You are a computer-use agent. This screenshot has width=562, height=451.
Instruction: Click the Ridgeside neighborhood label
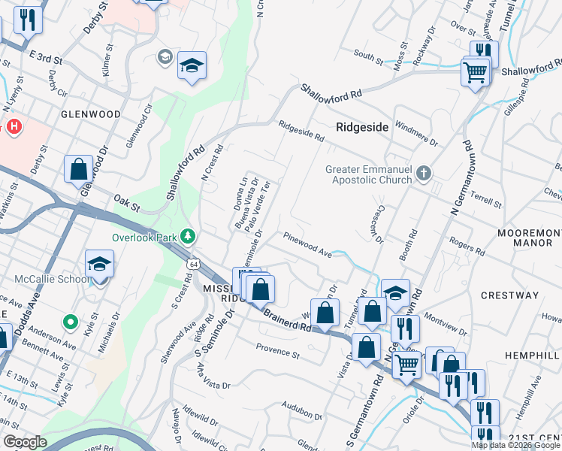click(362, 127)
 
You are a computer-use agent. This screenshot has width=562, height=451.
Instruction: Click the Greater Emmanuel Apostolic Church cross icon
click(424, 174)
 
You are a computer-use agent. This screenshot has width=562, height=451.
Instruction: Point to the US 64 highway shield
click(193, 264)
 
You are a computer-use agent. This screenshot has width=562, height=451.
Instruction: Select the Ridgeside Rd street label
click(301, 132)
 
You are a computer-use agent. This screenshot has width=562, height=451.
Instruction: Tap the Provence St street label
click(278, 350)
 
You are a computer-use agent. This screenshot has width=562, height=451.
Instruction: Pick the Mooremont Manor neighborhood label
click(529, 238)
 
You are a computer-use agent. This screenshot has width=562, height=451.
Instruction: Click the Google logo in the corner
click(25, 442)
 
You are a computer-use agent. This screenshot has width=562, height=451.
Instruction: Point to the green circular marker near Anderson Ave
click(71, 322)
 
